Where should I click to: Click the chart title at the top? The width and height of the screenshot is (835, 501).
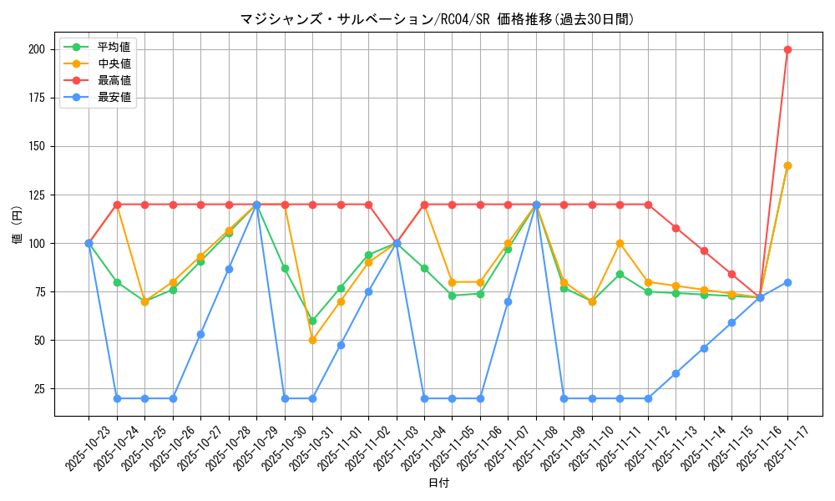pyautogui.click(x=437, y=19)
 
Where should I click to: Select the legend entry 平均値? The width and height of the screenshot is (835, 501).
pyautogui.click(x=114, y=47)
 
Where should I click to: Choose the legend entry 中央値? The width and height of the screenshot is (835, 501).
pyautogui.click(x=114, y=63)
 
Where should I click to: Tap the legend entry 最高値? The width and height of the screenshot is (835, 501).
pyautogui.click(x=114, y=80)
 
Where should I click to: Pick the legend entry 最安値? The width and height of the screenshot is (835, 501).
pyautogui.click(x=114, y=97)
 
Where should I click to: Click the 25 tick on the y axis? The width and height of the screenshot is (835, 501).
pyautogui.click(x=39, y=389)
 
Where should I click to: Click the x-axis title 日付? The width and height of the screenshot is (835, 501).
pyautogui.click(x=438, y=483)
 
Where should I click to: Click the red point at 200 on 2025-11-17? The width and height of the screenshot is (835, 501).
pyautogui.click(x=787, y=49)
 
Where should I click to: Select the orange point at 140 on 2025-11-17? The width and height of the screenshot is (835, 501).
pyautogui.click(x=787, y=165)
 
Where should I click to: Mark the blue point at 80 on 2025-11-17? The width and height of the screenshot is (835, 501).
pyautogui.click(x=787, y=282)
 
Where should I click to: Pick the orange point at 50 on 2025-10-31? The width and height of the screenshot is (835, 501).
pyautogui.click(x=312, y=340)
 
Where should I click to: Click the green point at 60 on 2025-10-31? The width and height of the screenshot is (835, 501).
pyautogui.click(x=312, y=321)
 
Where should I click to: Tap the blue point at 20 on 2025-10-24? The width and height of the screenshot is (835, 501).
pyautogui.click(x=117, y=398)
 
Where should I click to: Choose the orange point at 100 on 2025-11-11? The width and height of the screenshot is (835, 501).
pyautogui.click(x=620, y=243)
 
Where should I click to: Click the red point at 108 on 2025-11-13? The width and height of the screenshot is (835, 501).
pyautogui.click(x=676, y=228)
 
